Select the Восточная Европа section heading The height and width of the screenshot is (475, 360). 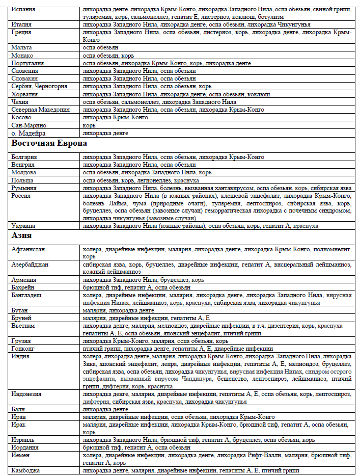(49, 144)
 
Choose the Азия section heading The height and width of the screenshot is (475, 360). (22, 236)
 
